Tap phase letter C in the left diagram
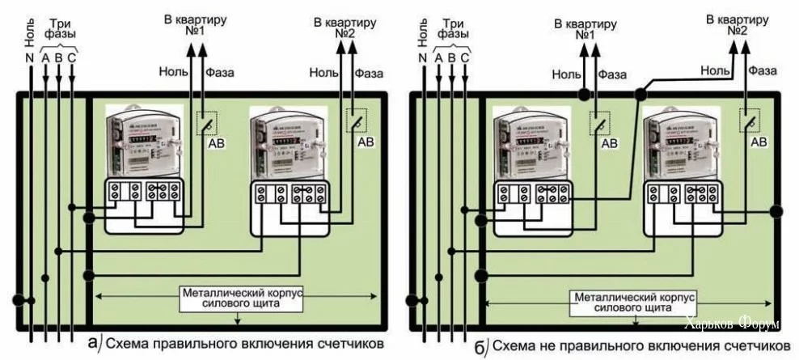72,57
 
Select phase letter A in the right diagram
438,57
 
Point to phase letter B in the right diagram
451,57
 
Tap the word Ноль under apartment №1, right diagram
567,74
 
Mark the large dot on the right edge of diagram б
776,212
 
